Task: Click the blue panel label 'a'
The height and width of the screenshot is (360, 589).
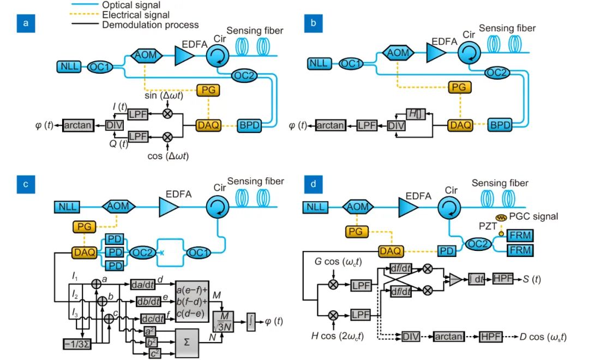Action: coord(24,23)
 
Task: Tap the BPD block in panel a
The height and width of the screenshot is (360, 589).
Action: coord(249,125)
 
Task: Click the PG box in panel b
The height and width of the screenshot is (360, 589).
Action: coord(459,87)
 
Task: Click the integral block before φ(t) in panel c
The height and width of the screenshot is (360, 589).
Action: coord(251,316)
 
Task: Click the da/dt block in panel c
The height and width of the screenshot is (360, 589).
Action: coord(143,284)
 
